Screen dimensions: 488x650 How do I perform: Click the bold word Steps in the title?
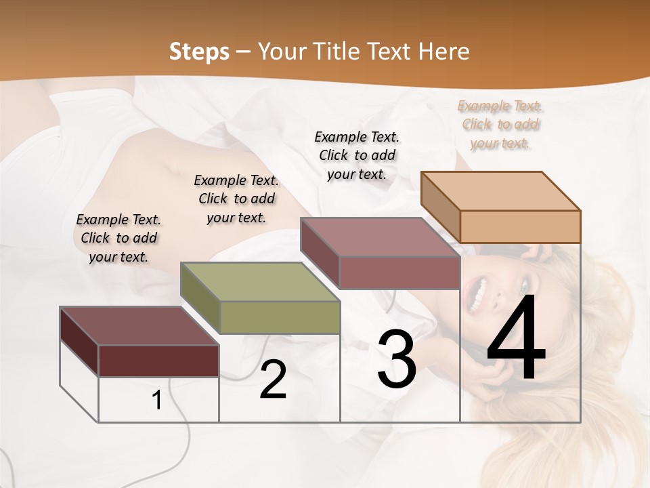(199, 52)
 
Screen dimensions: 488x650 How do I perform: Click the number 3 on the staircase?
(396, 359)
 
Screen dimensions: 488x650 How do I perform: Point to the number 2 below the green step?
(273, 380)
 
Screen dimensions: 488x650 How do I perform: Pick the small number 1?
(157, 401)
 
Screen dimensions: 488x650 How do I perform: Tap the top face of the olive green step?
(260, 281)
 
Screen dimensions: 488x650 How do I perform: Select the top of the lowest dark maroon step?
(139, 326)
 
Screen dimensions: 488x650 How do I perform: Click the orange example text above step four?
(500, 125)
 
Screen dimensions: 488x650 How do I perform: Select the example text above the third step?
(357, 155)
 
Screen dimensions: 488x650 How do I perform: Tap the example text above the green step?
(236, 199)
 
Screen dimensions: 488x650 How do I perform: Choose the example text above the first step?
(118, 238)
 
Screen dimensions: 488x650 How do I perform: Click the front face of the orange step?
(520, 226)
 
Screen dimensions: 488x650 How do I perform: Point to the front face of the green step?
(280, 317)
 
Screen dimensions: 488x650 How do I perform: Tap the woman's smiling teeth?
(480, 293)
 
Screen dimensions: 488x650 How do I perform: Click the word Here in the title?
(444, 52)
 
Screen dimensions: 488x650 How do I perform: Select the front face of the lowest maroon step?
(158, 361)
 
